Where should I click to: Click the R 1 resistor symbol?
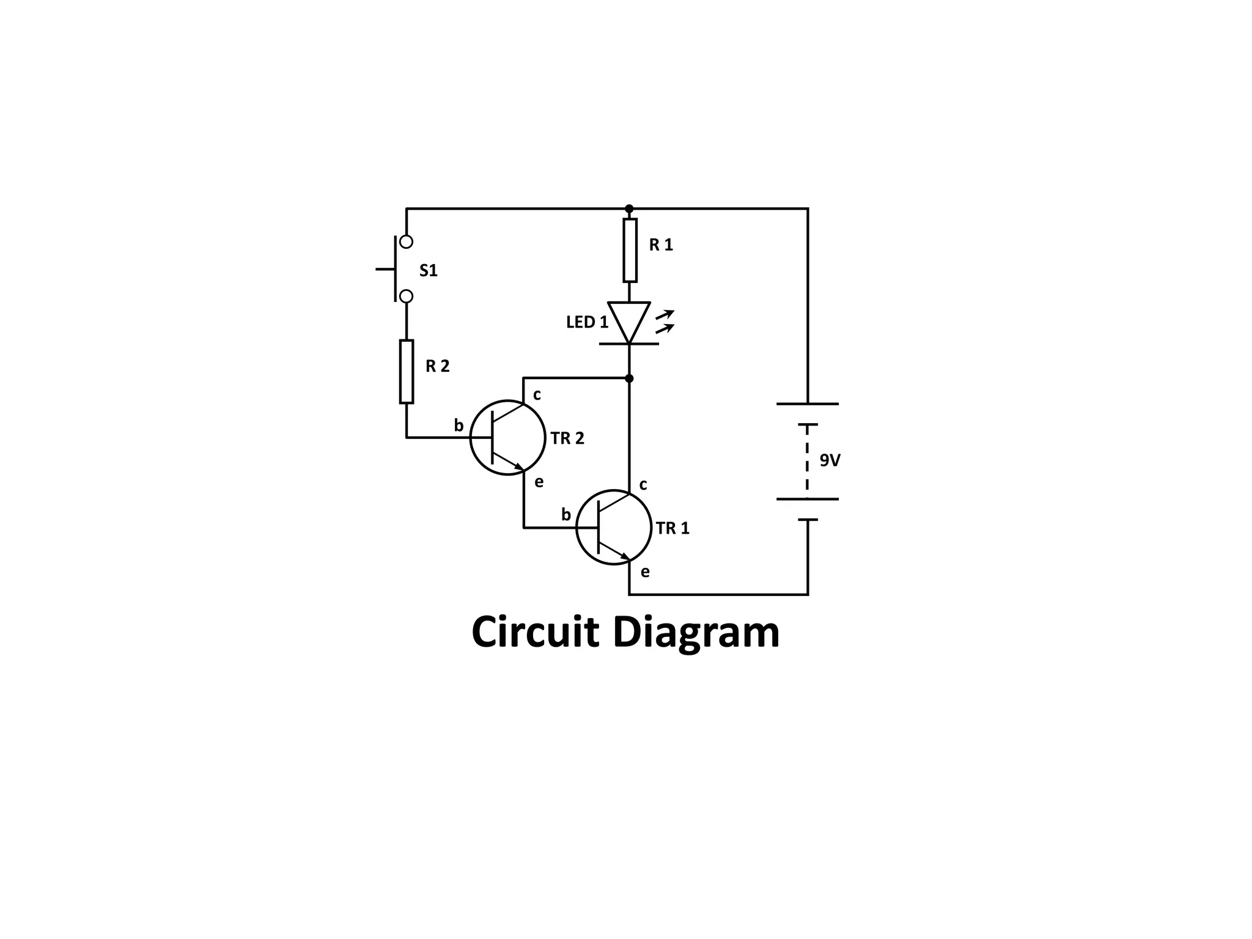pyautogui.click(x=630, y=250)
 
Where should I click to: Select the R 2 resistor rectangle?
pyautogui.click(x=407, y=372)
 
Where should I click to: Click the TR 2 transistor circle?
pyautogui.click(x=507, y=437)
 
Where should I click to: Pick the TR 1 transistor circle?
pyautogui.click(x=614, y=527)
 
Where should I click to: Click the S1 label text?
pyautogui.click(x=429, y=270)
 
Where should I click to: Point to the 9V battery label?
pyautogui.click(x=830, y=461)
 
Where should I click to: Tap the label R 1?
pyautogui.click(x=661, y=245)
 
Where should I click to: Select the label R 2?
pyautogui.click(x=438, y=366)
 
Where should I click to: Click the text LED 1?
pyautogui.click(x=587, y=322)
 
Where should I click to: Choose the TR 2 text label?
pyautogui.click(x=567, y=438)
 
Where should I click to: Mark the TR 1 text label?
pyautogui.click(x=672, y=528)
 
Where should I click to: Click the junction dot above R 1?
pyautogui.click(x=630, y=209)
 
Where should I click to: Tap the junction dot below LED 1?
pyautogui.click(x=630, y=378)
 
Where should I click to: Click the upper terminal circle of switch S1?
pyautogui.click(x=406, y=242)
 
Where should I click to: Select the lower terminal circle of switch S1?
pyautogui.click(x=406, y=296)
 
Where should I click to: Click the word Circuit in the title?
pyautogui.click(x=535, y=633)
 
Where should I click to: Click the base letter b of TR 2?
pyautogui.click(x=458, y=425)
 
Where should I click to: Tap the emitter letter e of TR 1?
pyautogui.click(x=645, y=572)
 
